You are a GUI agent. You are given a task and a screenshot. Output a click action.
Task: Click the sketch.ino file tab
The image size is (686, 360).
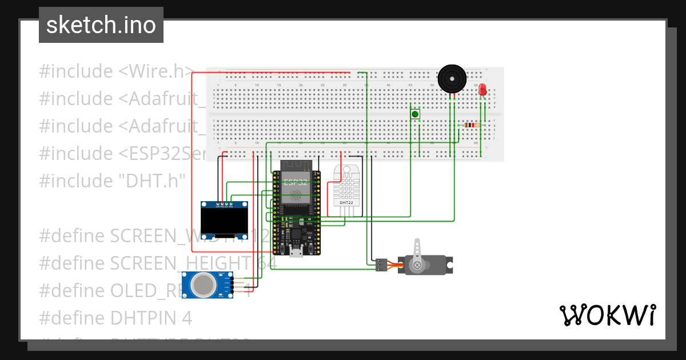[101, 25]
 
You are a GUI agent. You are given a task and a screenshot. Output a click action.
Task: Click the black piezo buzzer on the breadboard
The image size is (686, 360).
[452, 78]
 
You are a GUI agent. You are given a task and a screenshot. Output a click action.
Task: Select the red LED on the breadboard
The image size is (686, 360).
[482, 90]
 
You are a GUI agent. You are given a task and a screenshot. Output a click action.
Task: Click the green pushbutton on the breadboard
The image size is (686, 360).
[415, 114]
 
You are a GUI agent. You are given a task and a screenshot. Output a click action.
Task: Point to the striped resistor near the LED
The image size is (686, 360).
[470, 125]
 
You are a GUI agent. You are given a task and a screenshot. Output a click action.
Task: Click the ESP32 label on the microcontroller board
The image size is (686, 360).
[296, 183]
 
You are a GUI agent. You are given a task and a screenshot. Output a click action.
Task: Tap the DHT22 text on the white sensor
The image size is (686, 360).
[346, 202]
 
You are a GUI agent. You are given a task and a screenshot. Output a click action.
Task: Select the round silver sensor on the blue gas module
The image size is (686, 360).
[202, 284]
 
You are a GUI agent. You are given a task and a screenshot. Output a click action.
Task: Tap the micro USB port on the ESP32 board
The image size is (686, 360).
[296, 252]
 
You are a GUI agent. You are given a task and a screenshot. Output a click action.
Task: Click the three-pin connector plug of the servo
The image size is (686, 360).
[381, 265]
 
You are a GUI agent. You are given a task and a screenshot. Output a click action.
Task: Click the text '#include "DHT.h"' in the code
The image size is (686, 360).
[113, 181]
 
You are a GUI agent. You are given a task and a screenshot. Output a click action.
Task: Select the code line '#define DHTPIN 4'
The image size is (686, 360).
[115, 318]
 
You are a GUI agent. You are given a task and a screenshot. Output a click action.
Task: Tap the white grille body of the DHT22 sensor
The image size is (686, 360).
[346, 186]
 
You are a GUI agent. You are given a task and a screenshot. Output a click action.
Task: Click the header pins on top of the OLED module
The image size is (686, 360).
[225, 204]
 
